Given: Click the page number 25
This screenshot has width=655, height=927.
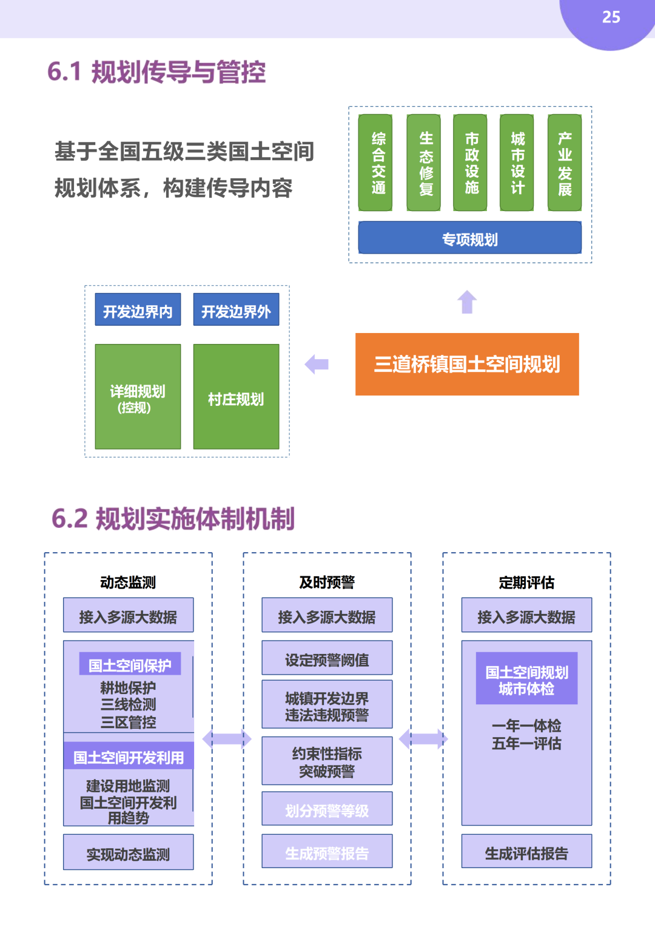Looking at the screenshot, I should pyautogui.click(x=611, y=17).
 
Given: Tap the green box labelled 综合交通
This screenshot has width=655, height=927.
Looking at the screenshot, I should pyautogui.click(x=375, y=163).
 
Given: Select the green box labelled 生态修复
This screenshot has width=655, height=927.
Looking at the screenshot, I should pyautogui.click(x=424, y=163).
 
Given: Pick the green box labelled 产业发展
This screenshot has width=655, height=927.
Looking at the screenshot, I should pyautogui.click(x=565, y=163).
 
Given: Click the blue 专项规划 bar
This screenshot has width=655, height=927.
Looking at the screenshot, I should pyautogui.click(x=470, y=238).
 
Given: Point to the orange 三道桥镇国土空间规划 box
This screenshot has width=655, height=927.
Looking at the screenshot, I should pyautogui.click(x=467, y=364).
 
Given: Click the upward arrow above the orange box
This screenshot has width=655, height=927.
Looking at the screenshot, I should pyautogui.click(x=467, y=302).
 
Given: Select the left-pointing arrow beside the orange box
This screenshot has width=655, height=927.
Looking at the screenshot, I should pyautogui.click(x=317, y=364).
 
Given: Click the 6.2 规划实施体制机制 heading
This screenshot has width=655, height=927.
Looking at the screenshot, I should pyautogui.click(x=173, y=519).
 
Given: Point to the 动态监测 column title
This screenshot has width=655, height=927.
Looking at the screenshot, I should pyautogui.click(x=128, y=582).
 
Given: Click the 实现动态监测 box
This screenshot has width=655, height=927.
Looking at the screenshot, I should pyautogui.click(x=128, y=852).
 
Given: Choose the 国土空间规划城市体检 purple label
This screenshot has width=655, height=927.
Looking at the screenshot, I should pyautogui.click(x=526, y=679).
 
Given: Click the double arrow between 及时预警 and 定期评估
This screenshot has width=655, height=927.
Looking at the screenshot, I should pyautogui.click(x=423, y=738).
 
